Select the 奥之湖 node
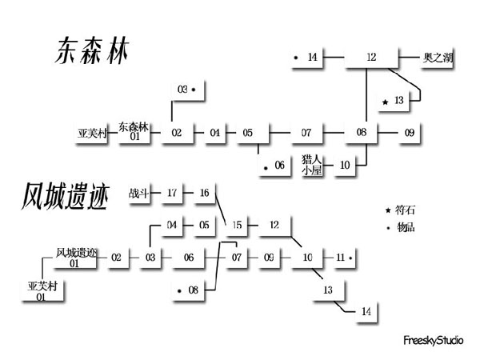click(438, 58)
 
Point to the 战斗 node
click(138, 193)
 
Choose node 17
click(172, 193)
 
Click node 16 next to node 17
click(204, 193)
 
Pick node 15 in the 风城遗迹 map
click(237, 225)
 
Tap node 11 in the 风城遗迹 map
click(340, 258)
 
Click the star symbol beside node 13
click(386, 102)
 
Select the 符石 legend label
click(406, 210)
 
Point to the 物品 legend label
click(406, 227)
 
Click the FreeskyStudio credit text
click(434, 341)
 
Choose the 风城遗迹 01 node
click(76, 258)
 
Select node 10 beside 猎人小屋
click(345, 166)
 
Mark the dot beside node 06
click(264, 166)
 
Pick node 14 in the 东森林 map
click(312, 58)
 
